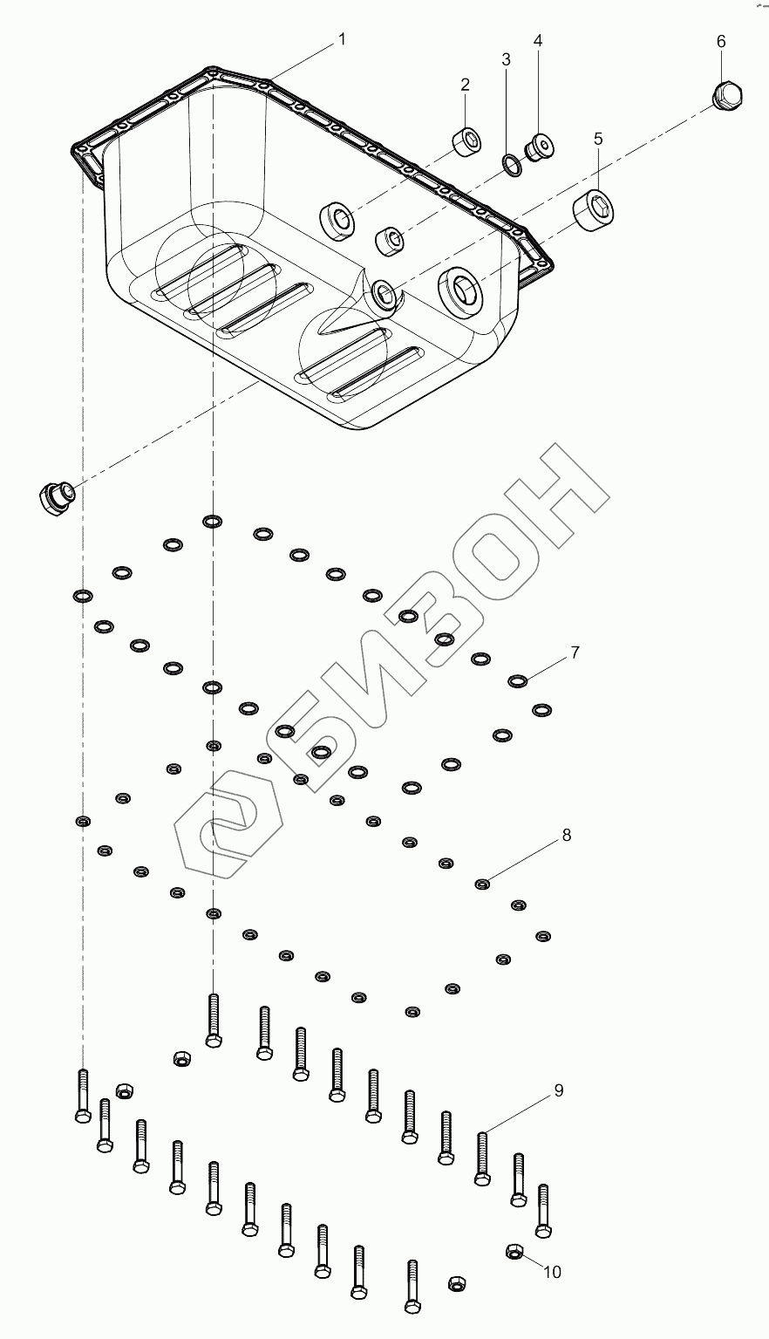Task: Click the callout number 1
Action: pos(343,39)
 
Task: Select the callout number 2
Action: pos(466,85)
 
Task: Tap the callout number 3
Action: pos(506,59)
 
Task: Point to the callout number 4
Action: pos(538,41)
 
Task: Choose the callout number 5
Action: pos(598,138)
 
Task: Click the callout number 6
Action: pos(721,41)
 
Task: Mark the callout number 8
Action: pos(567,835)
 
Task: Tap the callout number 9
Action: pos(558,1090)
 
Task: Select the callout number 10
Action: pos(553,1273)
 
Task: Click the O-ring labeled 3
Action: pos(512,163)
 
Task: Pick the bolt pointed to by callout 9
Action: pos(481,1158)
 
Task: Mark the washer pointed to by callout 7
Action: pos(518,680)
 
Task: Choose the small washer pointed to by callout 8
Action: pos(481,885)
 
